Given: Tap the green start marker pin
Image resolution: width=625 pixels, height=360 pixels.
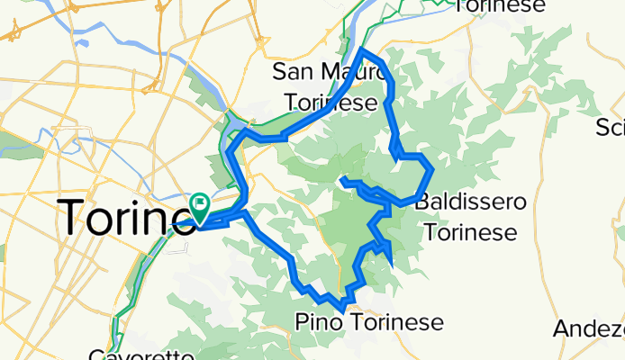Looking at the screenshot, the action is (199, 205).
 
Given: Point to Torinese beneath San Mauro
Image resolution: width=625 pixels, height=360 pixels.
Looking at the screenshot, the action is (331, 103).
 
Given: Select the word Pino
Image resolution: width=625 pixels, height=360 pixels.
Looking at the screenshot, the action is (319, 322).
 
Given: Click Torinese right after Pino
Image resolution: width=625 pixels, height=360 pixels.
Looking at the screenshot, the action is (395, 322).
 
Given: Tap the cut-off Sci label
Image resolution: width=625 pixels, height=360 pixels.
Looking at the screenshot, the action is (610, 129).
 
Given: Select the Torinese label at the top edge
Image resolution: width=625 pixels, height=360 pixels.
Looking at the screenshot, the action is (501, 6).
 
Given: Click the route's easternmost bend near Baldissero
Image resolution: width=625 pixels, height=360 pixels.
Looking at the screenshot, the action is (433, 169).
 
